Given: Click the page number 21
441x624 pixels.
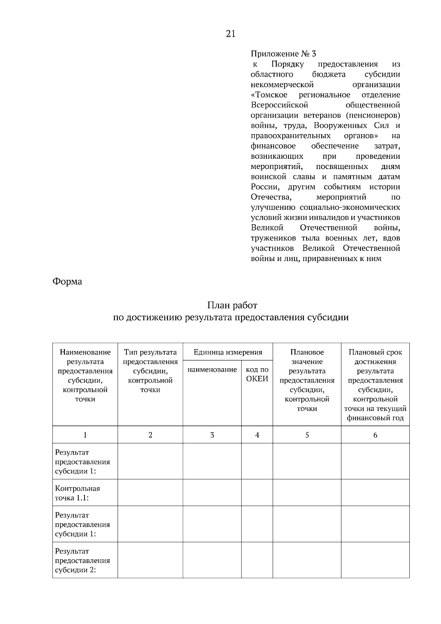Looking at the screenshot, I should click(230, 34).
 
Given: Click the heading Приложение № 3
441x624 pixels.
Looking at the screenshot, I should click(283, 54).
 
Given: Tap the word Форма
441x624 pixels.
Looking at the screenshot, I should click(67, 281).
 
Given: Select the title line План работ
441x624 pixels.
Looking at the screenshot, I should click(232, 305).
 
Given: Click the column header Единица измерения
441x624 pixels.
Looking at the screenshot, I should click(228, 352).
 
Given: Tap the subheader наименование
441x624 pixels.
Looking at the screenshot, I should click(212, 370).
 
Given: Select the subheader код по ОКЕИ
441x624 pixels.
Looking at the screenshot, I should click(257, 374).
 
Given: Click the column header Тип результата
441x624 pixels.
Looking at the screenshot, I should click(150, 352).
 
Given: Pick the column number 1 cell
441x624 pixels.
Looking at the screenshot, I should click(85, 435).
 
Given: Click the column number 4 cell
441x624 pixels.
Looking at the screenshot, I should click(257, 435).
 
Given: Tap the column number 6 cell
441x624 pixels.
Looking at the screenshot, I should click(375, 435).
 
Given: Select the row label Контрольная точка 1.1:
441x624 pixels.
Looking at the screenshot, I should click(78, 493).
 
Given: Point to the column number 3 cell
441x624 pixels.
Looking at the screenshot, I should click(212, 435).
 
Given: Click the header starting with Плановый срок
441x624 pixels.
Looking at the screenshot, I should click(375, 352).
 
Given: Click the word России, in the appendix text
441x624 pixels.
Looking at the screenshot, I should click(265, 187).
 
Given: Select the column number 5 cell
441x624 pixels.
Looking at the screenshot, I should click(307, 435).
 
